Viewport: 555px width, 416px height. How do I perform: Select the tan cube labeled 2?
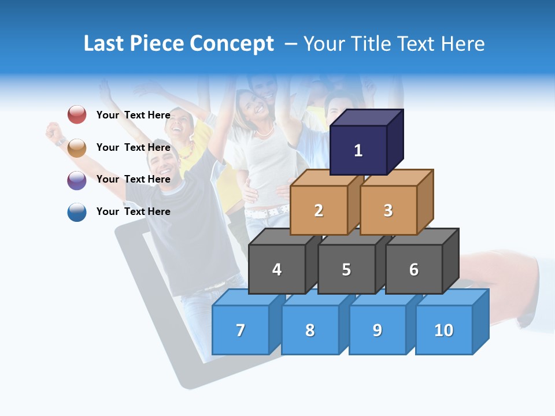click(x=319, y=210)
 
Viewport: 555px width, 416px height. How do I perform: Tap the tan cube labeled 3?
click(x=388, y=210)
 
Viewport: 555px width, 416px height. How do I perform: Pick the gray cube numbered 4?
click(x=277, y=269)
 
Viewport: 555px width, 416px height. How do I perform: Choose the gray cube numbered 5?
click(x=346, y=269)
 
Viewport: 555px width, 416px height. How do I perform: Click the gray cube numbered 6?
click(x=414, y=269)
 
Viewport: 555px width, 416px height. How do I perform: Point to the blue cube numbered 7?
click(x=240, y=330)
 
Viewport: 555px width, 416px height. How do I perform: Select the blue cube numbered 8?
click(x=310, y=330)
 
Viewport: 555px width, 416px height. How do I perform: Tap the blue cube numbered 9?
click(x=378, y=330)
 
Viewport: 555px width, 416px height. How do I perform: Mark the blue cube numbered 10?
click(x=444, y=330)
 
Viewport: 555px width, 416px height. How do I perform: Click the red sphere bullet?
click(x=77, y=114)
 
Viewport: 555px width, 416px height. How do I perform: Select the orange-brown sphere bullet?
click(x=77, y=147)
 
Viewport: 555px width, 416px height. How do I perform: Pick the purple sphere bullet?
click(x=77, y=180)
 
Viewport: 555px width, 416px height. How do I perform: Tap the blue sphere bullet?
click(x=77, y=212)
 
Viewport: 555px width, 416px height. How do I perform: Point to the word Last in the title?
click(x=105, y=44)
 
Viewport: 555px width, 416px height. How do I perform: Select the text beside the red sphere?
click(x=134, y=115)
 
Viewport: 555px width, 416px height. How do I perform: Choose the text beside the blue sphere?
click(x=134, y=211)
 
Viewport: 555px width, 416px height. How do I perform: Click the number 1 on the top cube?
click(x=358, y=151)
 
